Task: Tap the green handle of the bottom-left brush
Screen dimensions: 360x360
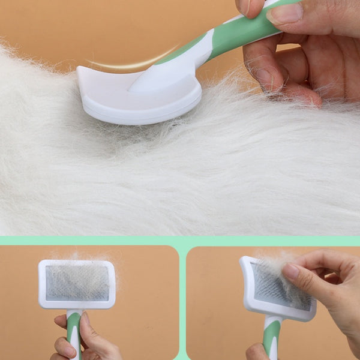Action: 73,333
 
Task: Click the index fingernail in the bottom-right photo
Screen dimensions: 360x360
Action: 291,271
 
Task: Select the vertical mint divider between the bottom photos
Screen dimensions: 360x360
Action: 182,300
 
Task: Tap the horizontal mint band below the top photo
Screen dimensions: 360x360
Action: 180,240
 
